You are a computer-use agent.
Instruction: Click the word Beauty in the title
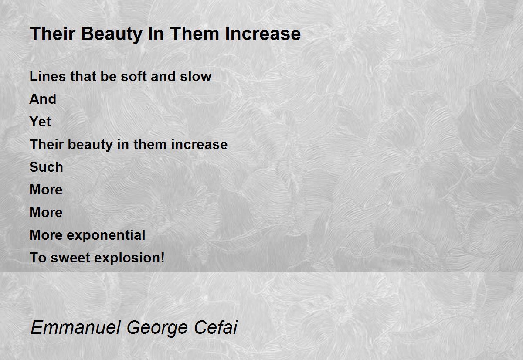click(x=112, y=34)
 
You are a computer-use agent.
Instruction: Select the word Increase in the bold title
click(x=263, y=34)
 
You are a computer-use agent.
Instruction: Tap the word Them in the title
click(x=195, y=34)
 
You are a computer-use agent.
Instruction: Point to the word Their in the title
click(x=53, y=34)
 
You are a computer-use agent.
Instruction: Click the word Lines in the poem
click(x=48, y=76)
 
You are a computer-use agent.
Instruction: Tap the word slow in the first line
click(x=196, y=76)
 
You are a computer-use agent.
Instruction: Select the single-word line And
click(x=43, y=99)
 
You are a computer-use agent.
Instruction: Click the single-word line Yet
click(x=40, y=122)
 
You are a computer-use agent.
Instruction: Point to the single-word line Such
click(x=46, y=167)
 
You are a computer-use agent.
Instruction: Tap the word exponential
click(x=106, y=235)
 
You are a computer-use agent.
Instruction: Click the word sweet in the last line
click(x=70, y=258)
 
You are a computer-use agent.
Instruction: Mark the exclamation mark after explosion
click(x=163, y=257)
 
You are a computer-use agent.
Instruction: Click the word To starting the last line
click(x=38, y=258)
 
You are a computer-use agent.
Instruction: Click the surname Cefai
click(x=216, y=327)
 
